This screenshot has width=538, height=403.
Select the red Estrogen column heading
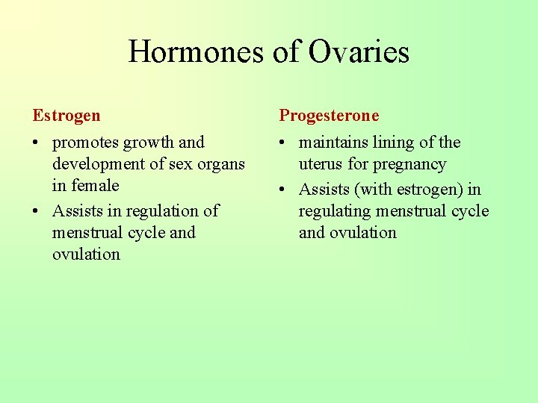(66, 116)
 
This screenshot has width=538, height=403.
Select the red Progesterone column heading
(329, 116)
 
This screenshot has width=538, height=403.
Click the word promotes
(85, 143)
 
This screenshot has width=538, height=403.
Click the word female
(96, 186)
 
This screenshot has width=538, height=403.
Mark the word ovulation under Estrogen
(86, 254)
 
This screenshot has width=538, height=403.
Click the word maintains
(335, 143)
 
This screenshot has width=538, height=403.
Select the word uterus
(322, 164)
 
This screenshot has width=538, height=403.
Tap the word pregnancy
(409, 164)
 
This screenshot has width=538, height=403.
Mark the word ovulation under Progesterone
(347, 233)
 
